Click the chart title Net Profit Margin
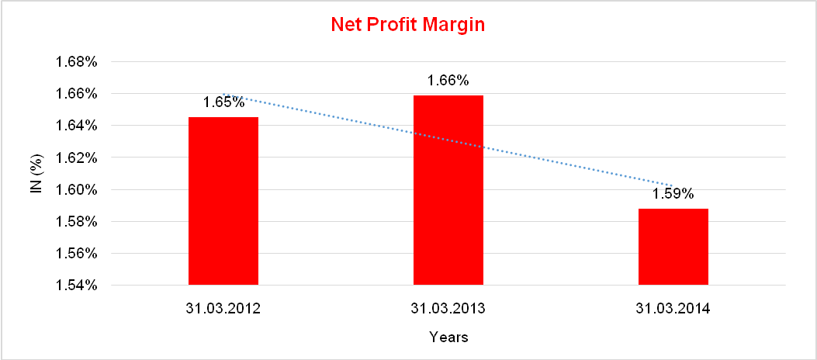(x=407, y=25)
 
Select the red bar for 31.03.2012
(x=223, y=201)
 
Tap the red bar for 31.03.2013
(x=448, y=190)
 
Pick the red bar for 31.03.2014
(x=673, y=247)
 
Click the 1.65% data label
(x=224, y=102)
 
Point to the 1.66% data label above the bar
(x=448, y=81)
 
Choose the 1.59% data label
(x=673, y=194)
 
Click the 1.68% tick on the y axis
(x=77, y=62)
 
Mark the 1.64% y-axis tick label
(x=77, y=126)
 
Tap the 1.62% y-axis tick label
(x=77, y=157)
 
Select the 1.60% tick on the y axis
(x=77, y=189)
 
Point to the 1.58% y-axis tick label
(x=77, y=222)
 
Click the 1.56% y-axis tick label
(x=77, y=254)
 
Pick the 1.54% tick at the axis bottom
(x=77, y=286)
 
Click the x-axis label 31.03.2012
(x=223, y=308)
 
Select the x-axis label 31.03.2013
(x=448, y=308)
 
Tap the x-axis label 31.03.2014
(x=673, y=308)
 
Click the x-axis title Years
(x=448, y=337)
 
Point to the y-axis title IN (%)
(x=35, y=173)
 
